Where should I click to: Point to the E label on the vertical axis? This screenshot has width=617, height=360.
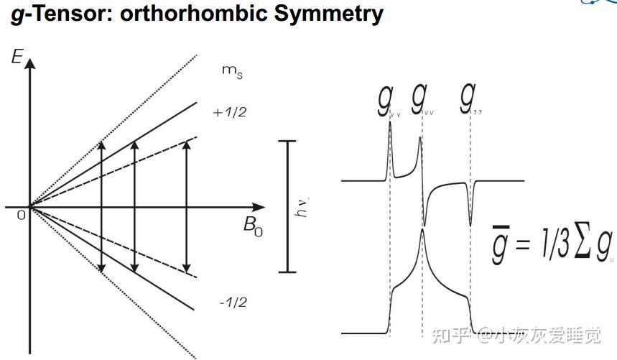pyautogui.click(x=17, y=56)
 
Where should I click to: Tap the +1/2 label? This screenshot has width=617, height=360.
pyautogui.click(x=229, y=112)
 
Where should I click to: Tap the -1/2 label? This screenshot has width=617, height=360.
pyautogui.click(x=232, y=302)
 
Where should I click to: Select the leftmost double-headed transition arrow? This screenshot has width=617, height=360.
pyautogui.click(x=101, y=207)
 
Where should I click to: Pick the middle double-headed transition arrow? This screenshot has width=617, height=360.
pyautogui.click(x=134, y=207)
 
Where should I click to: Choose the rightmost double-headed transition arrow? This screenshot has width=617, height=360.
pyautogui.click(x=187, y=207)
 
